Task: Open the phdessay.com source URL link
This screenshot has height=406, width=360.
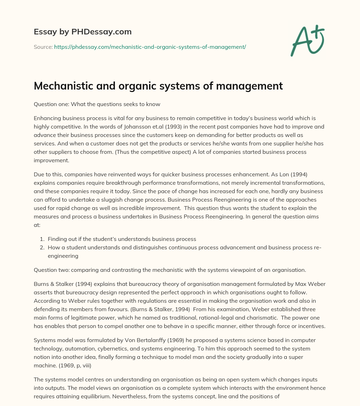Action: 150,47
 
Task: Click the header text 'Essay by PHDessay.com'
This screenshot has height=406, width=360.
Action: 83,32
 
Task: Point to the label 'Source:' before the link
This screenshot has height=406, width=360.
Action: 43,47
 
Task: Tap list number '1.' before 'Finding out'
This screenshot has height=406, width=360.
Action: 43,239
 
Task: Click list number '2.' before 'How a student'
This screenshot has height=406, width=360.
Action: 43,247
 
